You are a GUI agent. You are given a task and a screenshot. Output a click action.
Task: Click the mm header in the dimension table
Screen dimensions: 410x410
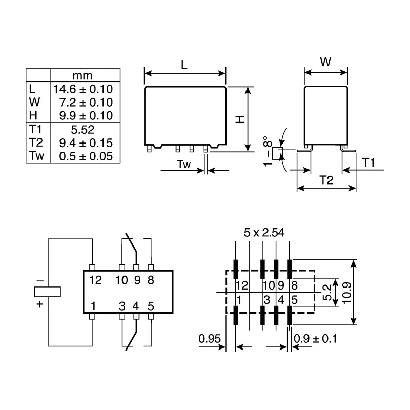click(x=83, y=75)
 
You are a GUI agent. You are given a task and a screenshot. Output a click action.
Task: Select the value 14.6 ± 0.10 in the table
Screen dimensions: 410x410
click(x=83, y=89)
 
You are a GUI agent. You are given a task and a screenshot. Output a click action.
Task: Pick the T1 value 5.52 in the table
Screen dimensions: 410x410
click(x=83, y=130)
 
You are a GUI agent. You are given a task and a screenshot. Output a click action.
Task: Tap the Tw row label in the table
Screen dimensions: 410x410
click(x=36, y=156)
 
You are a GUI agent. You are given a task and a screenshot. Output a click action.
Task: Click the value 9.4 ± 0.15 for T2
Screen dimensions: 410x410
click(x=86, y=143)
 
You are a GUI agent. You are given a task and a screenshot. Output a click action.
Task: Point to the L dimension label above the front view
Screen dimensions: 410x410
click(x=184, y=65)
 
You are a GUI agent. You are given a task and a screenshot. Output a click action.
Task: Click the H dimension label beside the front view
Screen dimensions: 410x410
click(x=240, y=119)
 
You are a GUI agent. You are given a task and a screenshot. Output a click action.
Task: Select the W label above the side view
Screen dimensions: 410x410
click(x=325, y=62)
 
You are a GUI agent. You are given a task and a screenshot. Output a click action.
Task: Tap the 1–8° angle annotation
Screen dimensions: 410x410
click(x=268, y=151)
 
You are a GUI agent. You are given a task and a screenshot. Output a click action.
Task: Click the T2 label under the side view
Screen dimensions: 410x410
click(x=326, y=180)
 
